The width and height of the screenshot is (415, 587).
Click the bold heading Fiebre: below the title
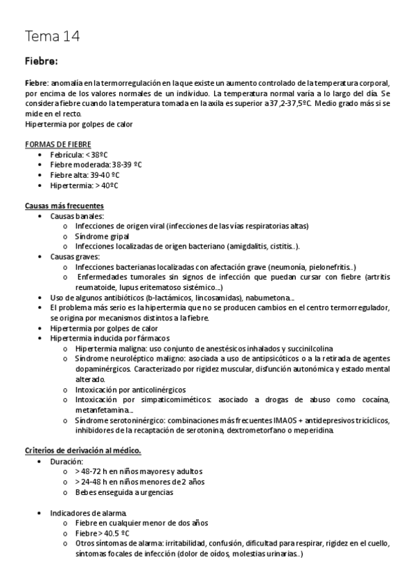tap(41, 61)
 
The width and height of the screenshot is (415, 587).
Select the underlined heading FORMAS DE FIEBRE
tap(57, 143)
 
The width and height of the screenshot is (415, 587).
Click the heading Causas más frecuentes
tap(64, 206)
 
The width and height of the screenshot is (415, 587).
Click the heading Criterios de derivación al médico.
tap(82, 451)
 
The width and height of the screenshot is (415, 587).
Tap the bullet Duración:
tap(67, 461)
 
